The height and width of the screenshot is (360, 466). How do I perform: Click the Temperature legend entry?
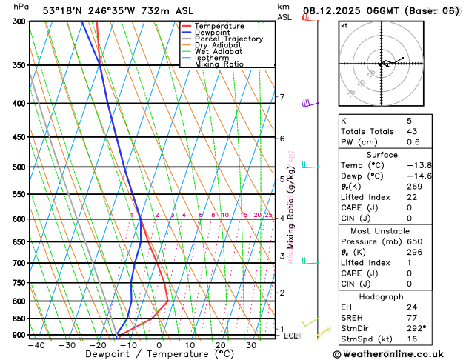click(x=220, y=26)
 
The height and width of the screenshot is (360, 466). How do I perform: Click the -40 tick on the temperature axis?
click(x=36, y=345)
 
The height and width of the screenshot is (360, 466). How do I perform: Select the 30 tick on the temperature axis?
click(x=251, y=345)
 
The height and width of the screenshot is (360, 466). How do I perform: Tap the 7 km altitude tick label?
click(x=282, y=97)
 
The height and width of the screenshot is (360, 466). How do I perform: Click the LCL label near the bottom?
click(x=291, y=336)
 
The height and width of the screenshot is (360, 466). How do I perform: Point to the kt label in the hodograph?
click(x=344, y=26)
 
